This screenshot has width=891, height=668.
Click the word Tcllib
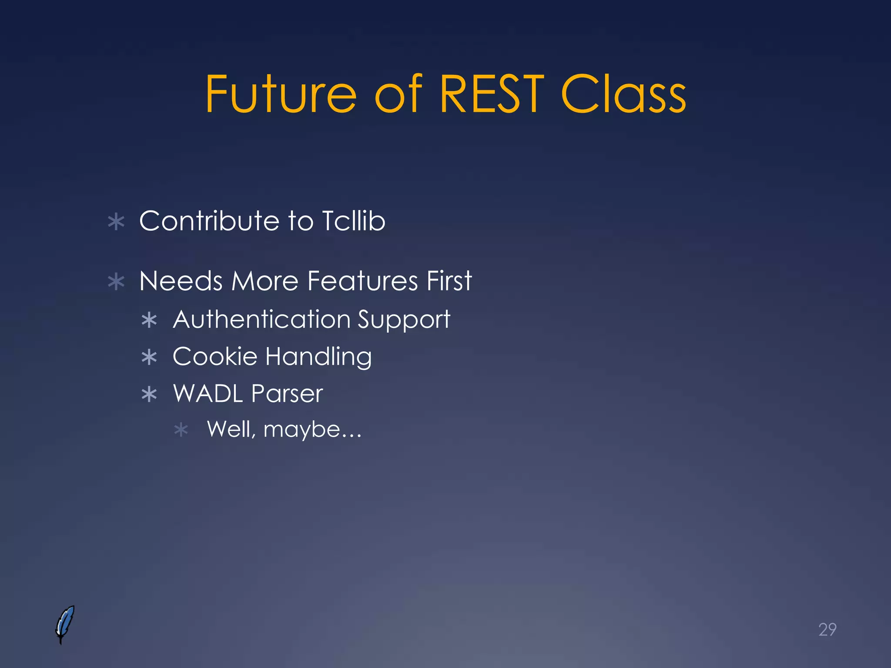(x=353, y=220)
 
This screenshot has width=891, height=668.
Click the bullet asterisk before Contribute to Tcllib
(x=116, y=222)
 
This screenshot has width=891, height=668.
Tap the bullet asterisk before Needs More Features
(x=116, y=282)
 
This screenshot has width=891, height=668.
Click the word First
(x=449, y=281)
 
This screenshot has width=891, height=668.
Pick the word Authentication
(x=261, y=319)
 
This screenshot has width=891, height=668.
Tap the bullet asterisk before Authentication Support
(x=149, y=321)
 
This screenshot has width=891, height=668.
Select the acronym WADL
(x=208, y=394)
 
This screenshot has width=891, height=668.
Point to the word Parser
(x=287, y=394)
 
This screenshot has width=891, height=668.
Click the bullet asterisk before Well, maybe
(x=181, y=431)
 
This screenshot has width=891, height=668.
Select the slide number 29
(x=827, y=629)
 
